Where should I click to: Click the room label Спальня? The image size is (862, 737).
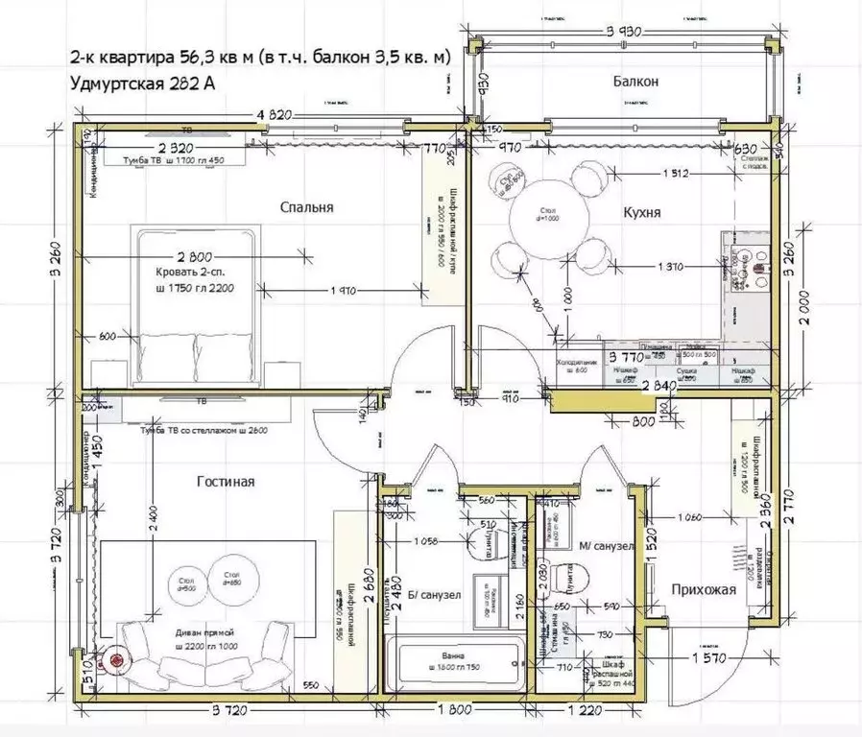click(306, 207)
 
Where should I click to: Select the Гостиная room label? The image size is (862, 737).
click(226, 482)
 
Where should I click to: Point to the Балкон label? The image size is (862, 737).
click(636, 83)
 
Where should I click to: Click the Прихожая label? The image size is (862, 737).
click(697, 589)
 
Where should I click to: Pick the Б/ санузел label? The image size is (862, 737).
click(435, 595)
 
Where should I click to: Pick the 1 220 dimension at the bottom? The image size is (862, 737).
click(588, 711)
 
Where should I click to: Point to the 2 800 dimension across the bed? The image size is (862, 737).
click(193, 257)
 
